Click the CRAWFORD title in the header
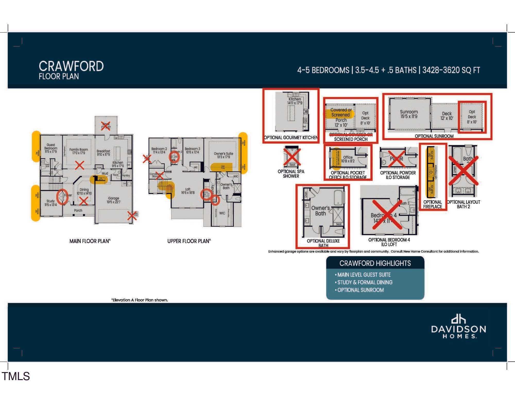click(71, 66)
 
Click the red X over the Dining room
click(84, 201)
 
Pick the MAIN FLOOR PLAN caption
click(90, 241)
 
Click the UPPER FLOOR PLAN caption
click(189, 241)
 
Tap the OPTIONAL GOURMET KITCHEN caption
click(291, 138)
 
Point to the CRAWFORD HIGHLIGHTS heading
click(375, 263)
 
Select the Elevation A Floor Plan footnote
click(140, 300)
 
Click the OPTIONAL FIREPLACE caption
click(432, 204)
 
